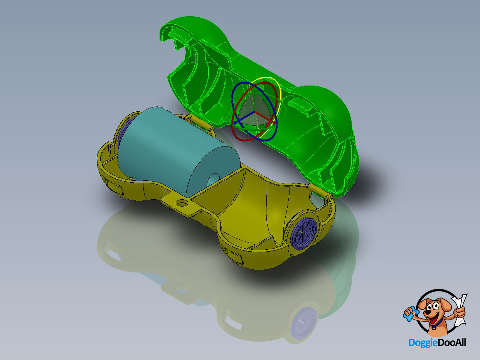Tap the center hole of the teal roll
(x=214, y=180)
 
